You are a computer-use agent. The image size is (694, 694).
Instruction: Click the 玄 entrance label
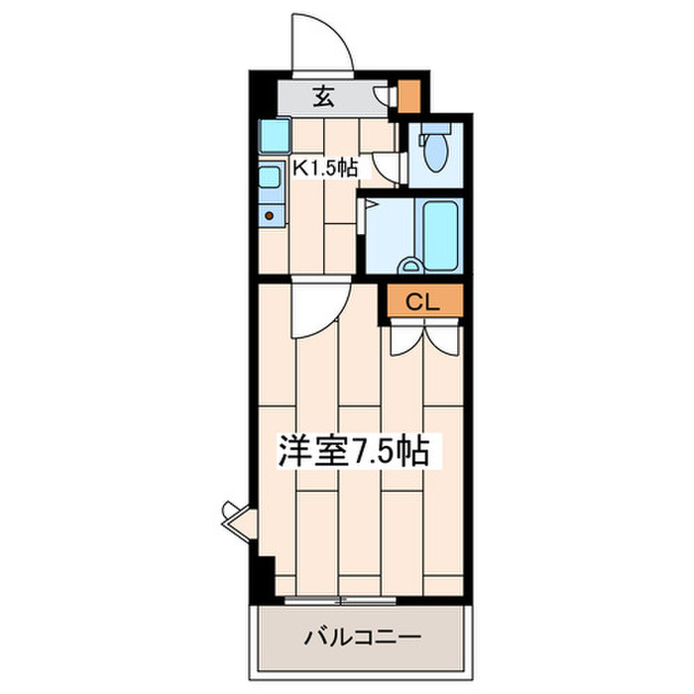tap(323, 96)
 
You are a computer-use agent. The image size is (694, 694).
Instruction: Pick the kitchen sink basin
tap(270, 178)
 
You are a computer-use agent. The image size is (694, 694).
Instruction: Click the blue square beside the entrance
tap(274, 133)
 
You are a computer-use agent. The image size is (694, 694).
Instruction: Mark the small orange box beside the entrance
tap(408, 94)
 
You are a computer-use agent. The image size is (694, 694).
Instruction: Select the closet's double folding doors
tap(423, 337)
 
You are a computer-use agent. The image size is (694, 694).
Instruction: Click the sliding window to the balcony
tap(342, 601)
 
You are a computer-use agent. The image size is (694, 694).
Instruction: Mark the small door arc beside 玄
tap(383, 95)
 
